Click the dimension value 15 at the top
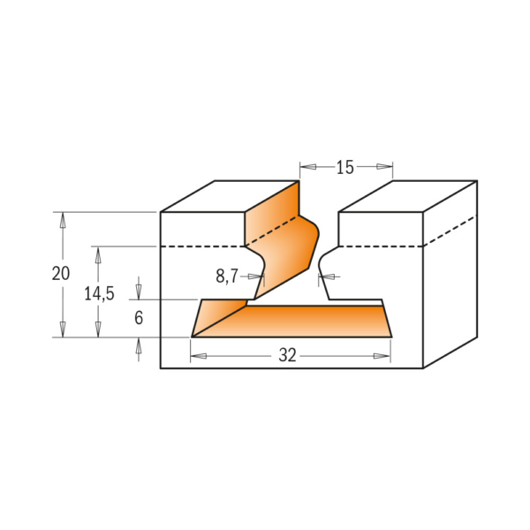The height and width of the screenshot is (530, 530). [344, 167]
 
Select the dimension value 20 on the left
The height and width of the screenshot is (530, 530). [61, 274]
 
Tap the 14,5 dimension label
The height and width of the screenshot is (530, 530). [99, 294]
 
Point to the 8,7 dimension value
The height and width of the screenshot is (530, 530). [227, 276]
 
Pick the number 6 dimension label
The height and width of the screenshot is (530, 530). [139, 318]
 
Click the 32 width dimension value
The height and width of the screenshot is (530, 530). [287, 355]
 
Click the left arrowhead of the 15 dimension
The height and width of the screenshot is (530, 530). [308, 167]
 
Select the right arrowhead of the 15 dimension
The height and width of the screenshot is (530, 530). [384, 167]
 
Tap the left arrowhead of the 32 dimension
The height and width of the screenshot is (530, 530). [199, 356]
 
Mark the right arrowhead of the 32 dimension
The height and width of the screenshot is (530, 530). [382, 356]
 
